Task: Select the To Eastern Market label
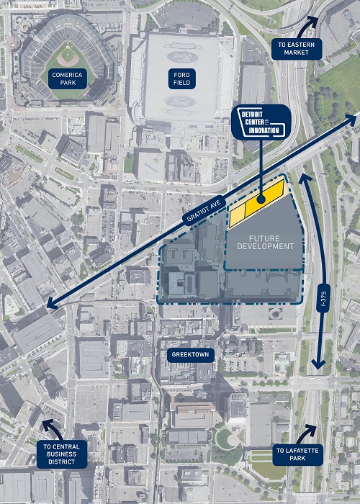tap(297, 50)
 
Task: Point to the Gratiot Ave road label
tap(203, 210)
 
